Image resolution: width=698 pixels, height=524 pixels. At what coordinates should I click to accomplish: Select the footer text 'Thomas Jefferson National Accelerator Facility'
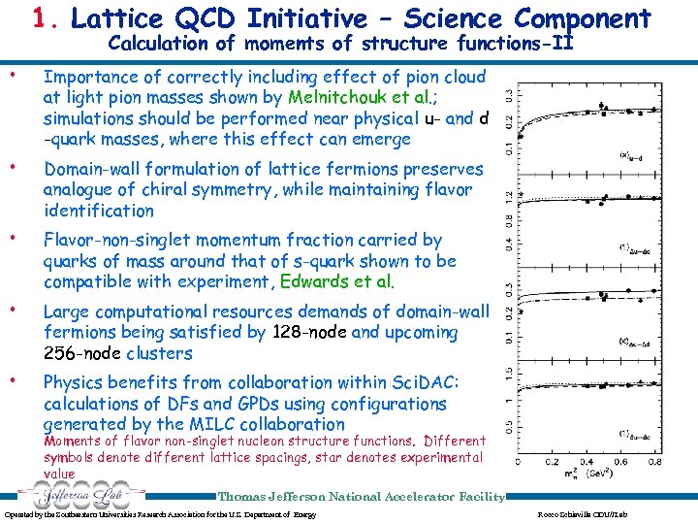pyautogui.click(x=361, y=496)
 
